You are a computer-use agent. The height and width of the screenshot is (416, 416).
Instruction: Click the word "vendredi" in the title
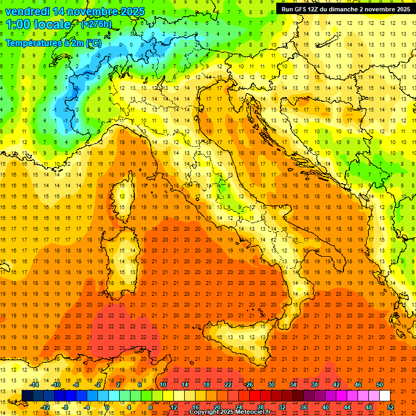(28, 11)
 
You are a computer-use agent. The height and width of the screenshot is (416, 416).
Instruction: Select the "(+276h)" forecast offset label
(96, 24)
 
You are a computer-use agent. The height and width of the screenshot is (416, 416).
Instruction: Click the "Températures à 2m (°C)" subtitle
(53, 43)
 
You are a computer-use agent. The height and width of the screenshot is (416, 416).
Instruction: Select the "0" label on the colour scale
(107, 407)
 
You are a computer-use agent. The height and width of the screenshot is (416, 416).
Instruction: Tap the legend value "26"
(249, 385)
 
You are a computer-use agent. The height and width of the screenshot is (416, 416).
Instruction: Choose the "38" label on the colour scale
(314, 385)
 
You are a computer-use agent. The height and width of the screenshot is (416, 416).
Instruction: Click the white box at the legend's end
(385, 396)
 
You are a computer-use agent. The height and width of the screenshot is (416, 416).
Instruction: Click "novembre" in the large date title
(92, 11)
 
